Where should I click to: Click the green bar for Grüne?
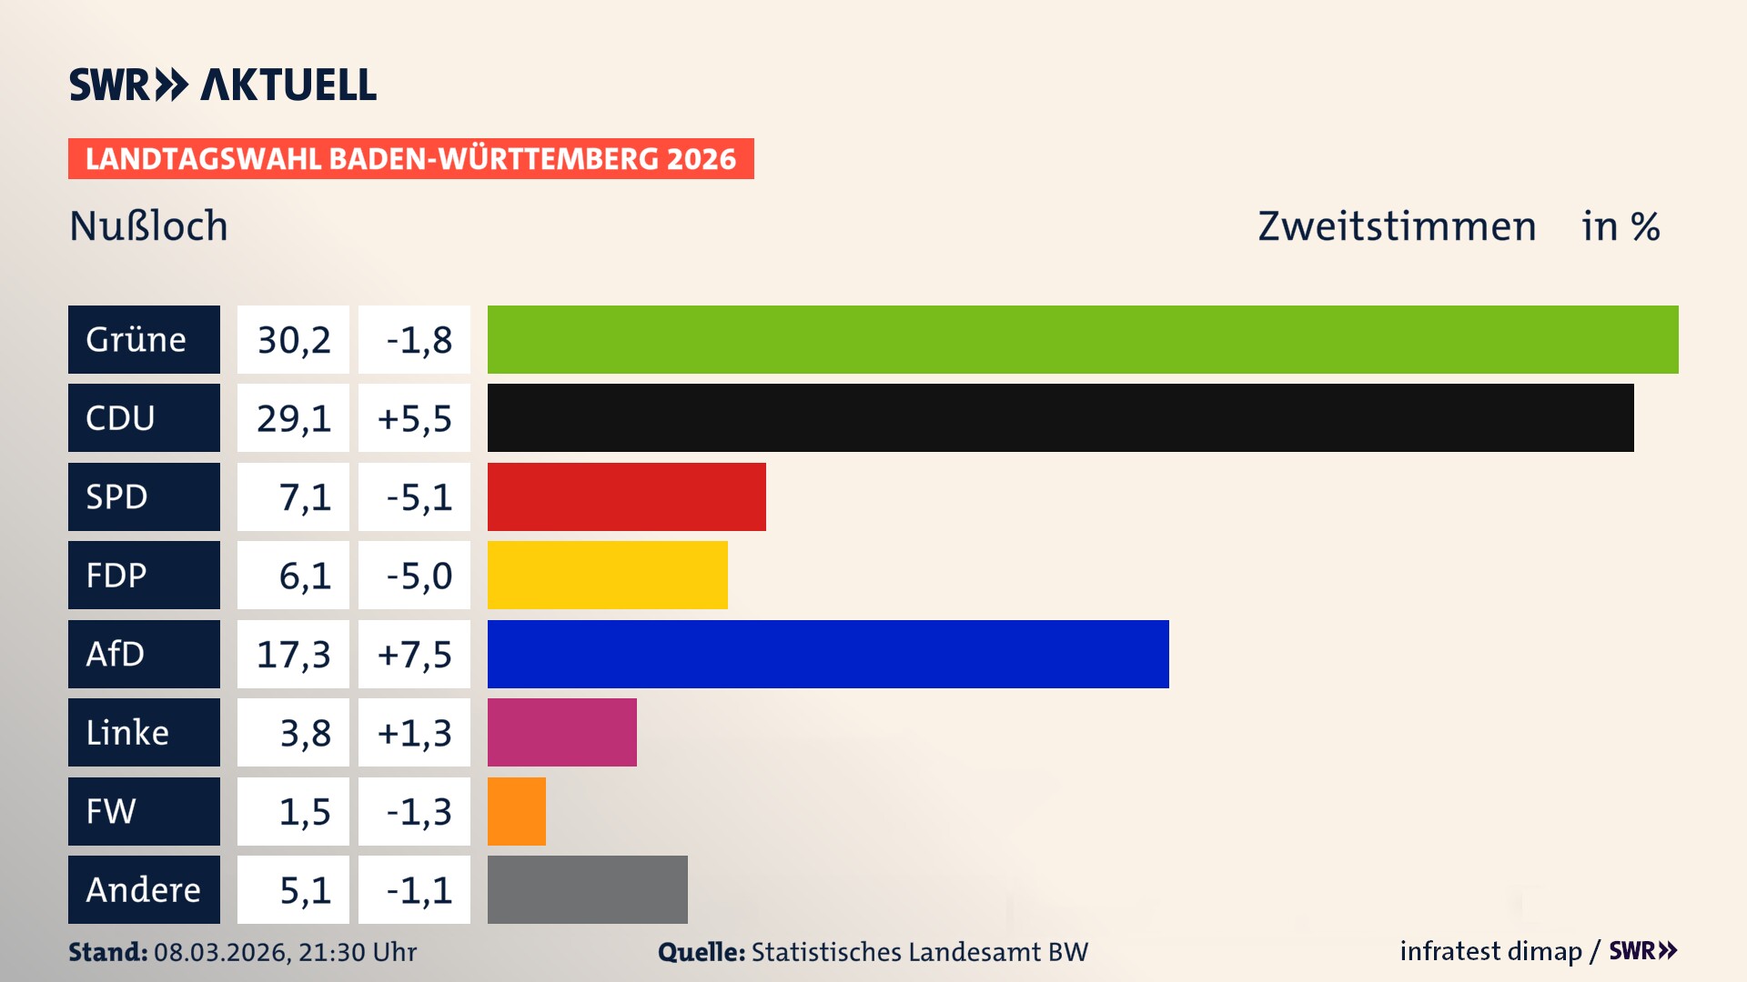coord(1083,339)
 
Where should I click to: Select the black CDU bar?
coord(1060,417)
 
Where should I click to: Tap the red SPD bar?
coord(626,496)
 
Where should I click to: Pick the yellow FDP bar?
coord(607,575)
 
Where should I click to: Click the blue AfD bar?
coord(828,654)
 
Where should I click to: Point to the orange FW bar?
coord(516,811)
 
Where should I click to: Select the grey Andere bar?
coord(587,889)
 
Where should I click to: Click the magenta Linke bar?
coord(561,732)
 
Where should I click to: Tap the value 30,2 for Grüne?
coord(293,340)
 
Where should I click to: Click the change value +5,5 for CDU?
coord(414,418)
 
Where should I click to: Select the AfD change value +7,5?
coord(414,655)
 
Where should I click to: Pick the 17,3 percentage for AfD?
coord(293,655)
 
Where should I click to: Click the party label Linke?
coord(127,733)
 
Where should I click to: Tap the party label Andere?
coord(143,890)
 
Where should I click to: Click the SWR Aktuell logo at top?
coord(222,85)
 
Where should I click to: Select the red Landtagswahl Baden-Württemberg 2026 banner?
coord(410,159)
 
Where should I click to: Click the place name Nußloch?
coord(148,226)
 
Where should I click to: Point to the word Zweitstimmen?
coord(1397,226)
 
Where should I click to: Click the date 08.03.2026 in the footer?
coord(221,952)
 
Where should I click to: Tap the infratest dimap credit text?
coord(1490,951)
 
